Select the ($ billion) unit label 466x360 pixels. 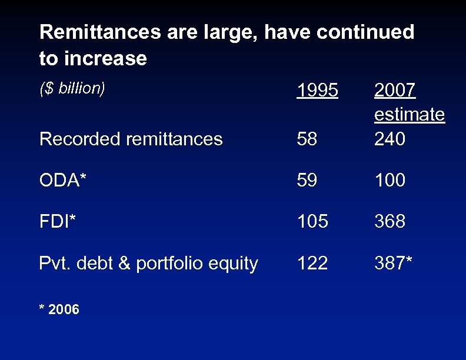(72, 88)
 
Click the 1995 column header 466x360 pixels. (318, 91)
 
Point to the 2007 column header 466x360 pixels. (395, 91)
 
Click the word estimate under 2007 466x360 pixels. (410, 114)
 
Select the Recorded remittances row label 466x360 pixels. (131, 139)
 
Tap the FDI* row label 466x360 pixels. (57, 222)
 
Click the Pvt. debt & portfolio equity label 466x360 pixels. (148, 264)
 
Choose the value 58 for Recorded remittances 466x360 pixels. (307, 139)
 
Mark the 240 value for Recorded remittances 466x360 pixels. (390, 139)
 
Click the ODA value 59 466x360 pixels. (307, 180)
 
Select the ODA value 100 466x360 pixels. (390, 180)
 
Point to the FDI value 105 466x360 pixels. (312, 222)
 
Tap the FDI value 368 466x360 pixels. (390, 222)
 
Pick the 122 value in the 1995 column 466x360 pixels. (312, 263)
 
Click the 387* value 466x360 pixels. (394, 263)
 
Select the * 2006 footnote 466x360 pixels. (59, 309)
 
